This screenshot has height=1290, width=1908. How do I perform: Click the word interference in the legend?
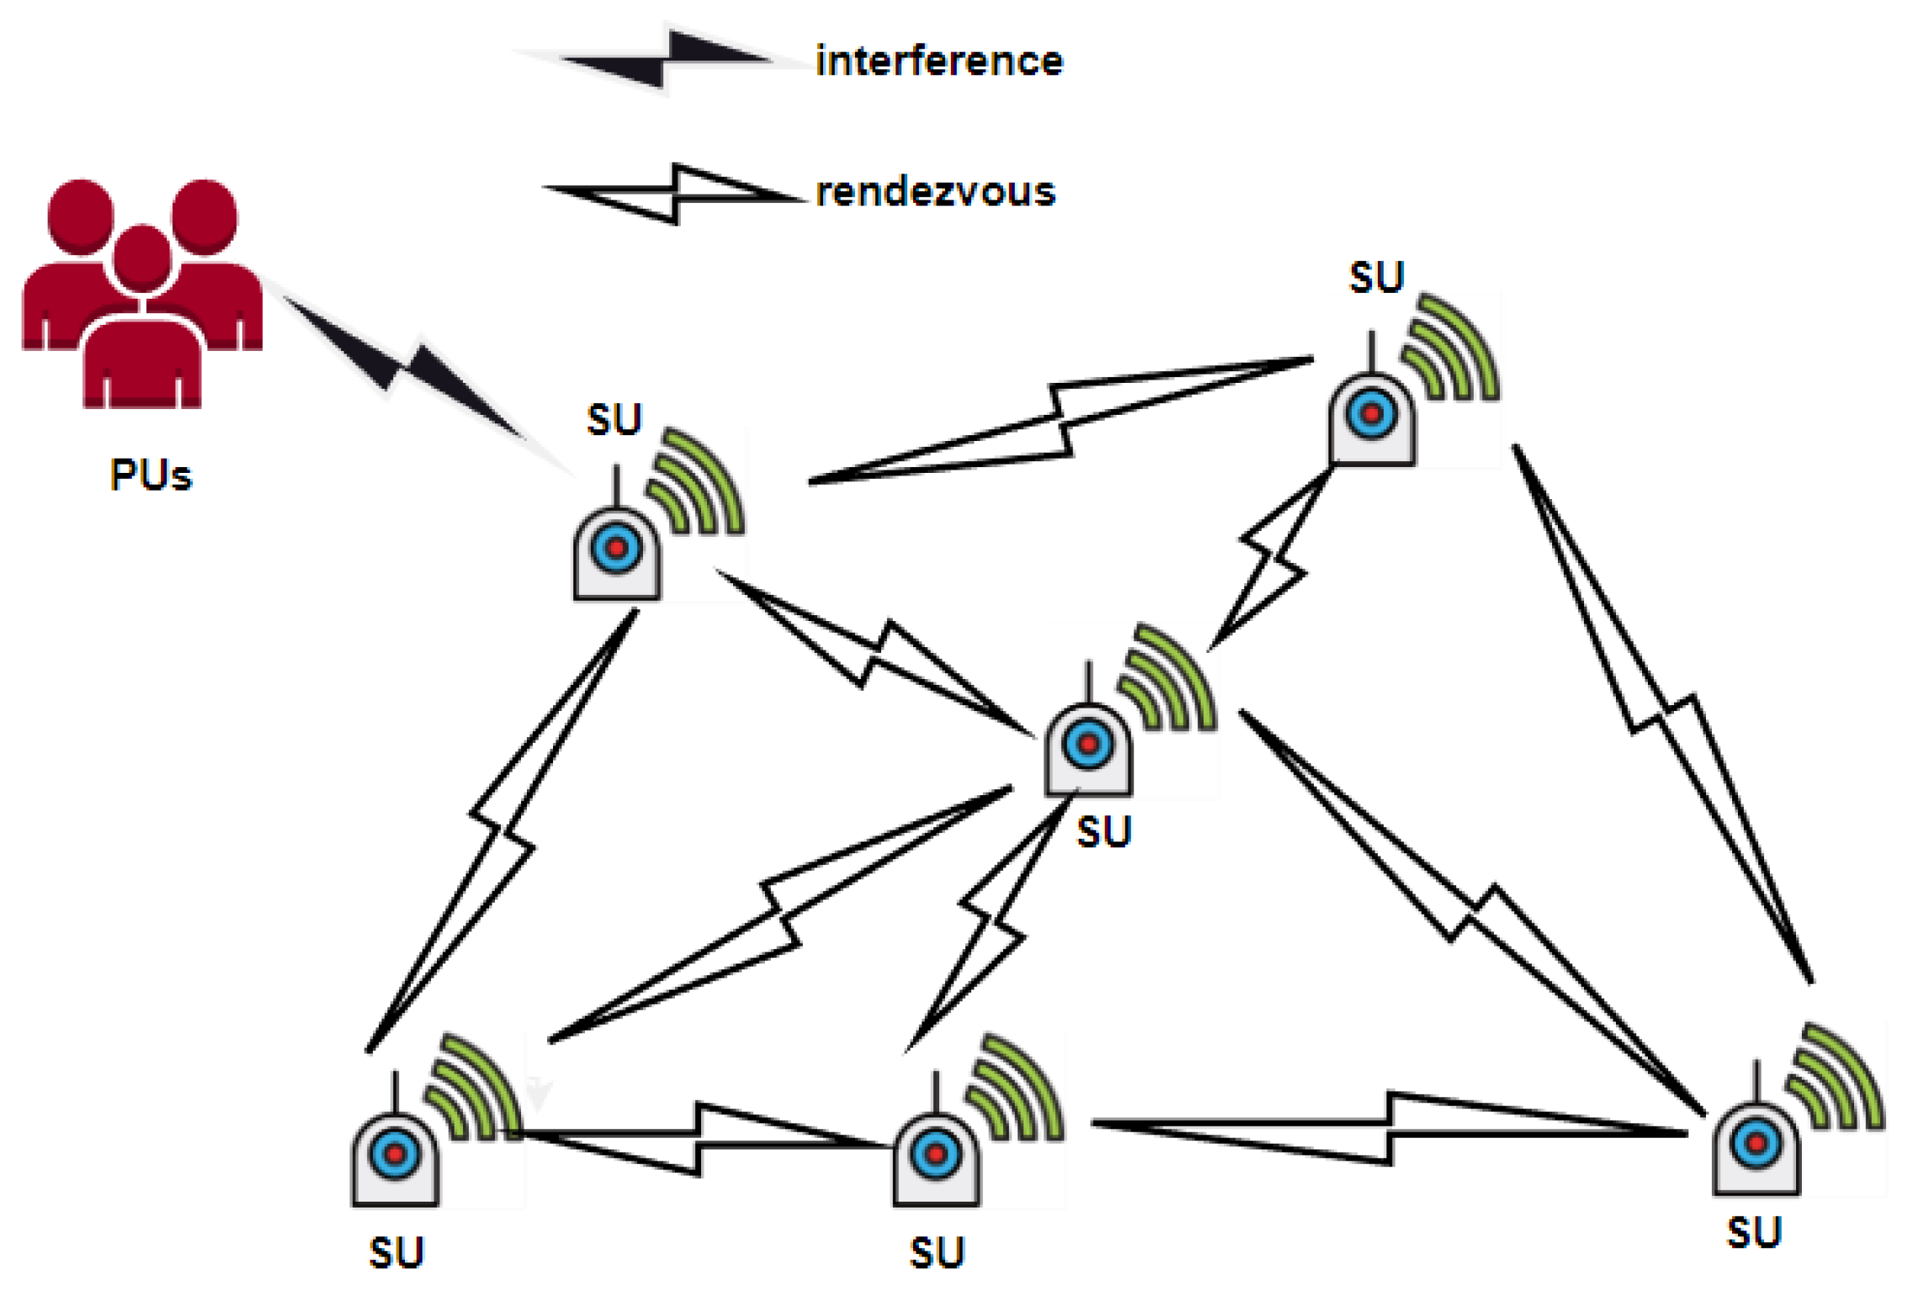click(938, 61)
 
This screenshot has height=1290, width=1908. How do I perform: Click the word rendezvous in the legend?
click(935, 192)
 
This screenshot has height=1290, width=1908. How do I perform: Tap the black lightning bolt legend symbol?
click(665, 60)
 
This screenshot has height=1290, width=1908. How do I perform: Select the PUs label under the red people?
click(151, 475)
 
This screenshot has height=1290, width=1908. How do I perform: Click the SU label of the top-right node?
click(1376, 278)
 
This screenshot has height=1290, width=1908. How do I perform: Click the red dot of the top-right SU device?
click(1372, 414)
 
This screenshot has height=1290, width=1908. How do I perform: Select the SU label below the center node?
click(1103, 832)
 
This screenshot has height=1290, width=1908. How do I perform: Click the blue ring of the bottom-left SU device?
click(395, 1154)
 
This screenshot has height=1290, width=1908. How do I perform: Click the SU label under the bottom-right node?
click(1754, 1234)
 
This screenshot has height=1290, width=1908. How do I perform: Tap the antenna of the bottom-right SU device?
click(1756, 1082)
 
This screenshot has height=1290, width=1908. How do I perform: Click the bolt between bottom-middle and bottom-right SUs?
click(1389, 1128)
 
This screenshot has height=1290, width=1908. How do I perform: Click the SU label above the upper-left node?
click(614, 420)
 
